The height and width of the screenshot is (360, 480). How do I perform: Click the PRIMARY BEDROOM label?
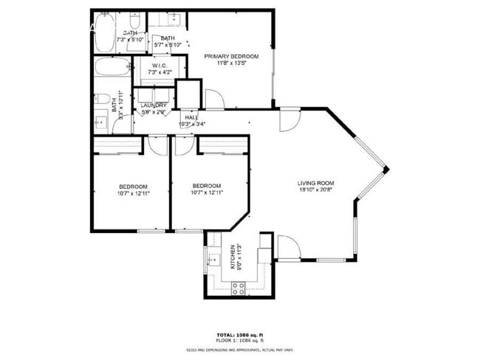(232, 56)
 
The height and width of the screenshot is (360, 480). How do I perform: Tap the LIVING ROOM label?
(316, 183)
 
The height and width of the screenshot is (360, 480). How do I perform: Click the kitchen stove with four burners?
(239, 288)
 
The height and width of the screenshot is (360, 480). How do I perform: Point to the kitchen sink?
(213, 260)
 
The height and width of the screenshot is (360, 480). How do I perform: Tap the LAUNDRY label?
(154, 105)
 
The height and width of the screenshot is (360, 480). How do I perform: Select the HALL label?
(191, 117)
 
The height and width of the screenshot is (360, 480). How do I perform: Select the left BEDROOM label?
(133, 186)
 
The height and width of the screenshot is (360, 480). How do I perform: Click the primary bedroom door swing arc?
(214, 96)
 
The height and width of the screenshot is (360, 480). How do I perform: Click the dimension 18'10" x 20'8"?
(316, 190)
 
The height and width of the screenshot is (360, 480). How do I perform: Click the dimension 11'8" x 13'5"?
(232, 63)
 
